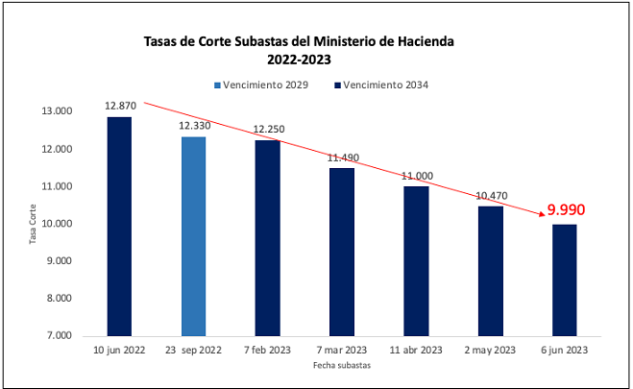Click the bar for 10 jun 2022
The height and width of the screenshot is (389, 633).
119,227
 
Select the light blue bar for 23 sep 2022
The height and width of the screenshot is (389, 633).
193,236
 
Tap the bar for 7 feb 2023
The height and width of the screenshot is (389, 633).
267,238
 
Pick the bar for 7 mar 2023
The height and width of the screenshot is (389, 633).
342,252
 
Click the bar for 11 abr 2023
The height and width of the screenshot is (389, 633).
416,261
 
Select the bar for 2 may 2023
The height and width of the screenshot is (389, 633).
490,271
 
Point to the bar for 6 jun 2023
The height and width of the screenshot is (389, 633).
563,280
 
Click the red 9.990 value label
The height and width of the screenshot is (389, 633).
566,209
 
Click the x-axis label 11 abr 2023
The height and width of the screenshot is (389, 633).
416,351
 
